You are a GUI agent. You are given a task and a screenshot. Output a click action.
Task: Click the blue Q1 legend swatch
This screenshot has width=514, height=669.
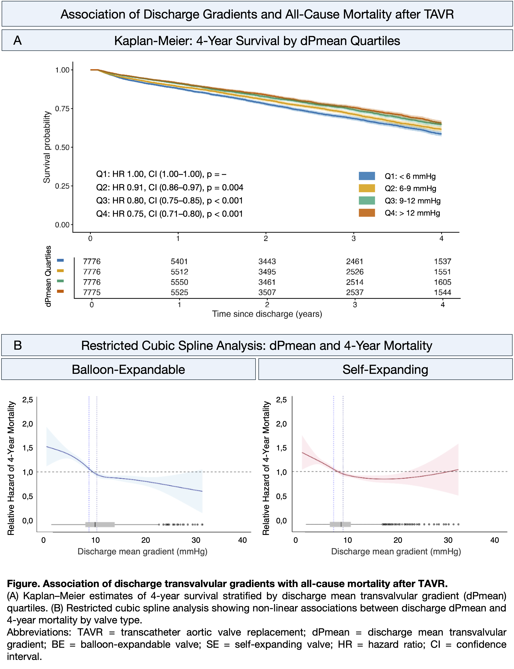pos(367,176)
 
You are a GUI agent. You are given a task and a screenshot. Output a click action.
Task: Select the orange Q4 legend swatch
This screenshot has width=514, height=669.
pos(367,213)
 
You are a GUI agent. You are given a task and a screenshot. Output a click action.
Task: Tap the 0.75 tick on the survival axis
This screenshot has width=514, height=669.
pos(62,109)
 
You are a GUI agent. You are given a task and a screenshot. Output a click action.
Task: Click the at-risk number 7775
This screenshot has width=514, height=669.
pos(92,292)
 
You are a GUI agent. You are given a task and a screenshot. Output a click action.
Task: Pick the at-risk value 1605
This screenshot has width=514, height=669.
pos(442,282)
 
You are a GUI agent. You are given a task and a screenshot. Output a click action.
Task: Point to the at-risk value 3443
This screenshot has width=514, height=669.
pos(267,261)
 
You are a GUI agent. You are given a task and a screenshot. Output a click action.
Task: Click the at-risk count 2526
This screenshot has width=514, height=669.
pos(355,272)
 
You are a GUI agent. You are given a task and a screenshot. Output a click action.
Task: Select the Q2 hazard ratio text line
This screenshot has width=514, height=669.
pos(170,187)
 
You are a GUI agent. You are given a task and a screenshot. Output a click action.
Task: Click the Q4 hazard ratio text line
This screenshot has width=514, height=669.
pos(170,214)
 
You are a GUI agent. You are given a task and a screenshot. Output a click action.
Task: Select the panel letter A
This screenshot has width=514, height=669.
pos(17,40)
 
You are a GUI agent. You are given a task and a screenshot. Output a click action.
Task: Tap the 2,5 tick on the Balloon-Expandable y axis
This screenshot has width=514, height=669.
pos(28,400)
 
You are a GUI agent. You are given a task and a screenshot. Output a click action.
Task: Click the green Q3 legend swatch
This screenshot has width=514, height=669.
pos(367,201)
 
